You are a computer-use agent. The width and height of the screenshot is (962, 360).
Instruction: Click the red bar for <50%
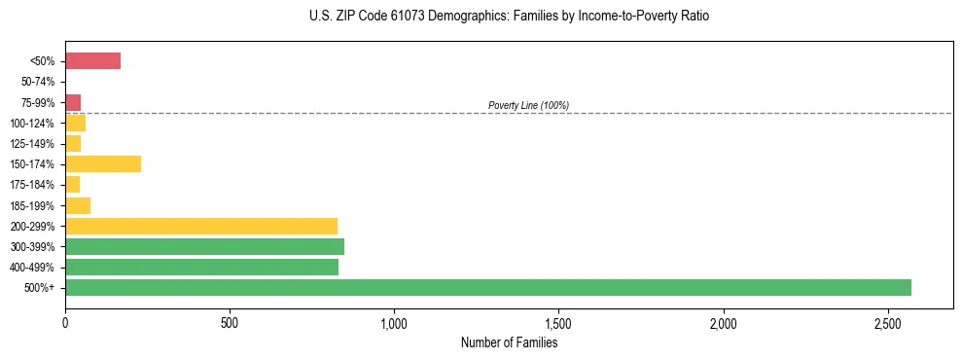[x=92, y=61]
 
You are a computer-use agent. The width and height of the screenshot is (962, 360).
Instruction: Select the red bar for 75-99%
[x=73, y=102]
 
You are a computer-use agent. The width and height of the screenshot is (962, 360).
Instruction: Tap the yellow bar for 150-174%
[x=103, y=164]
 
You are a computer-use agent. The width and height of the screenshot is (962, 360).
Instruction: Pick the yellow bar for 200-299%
[x=201, y=226]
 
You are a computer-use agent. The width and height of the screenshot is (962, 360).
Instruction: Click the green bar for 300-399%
[x=204, y=246]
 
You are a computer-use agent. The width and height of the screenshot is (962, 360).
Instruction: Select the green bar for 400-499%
[x=201, y=267]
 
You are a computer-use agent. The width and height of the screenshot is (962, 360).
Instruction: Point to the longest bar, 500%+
[x=488, y=287]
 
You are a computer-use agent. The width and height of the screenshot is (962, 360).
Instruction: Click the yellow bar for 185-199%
[x=78, y=205]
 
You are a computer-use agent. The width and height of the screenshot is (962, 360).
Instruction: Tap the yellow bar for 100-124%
[x=76, y=124]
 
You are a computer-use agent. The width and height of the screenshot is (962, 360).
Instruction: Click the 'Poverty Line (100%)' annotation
[x=528, y=105]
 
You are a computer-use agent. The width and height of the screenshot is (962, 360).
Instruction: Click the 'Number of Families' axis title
[x=509, y=342]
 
